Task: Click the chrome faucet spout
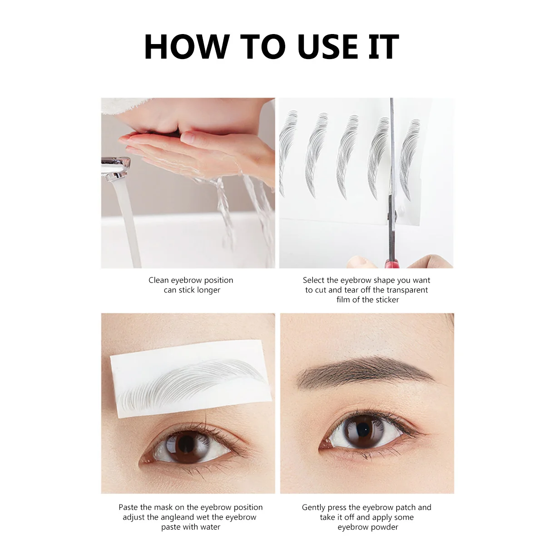(115, 168)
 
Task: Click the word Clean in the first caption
(159, 280)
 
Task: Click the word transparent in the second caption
(405, 290)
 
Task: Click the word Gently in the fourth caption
(314, 507)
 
